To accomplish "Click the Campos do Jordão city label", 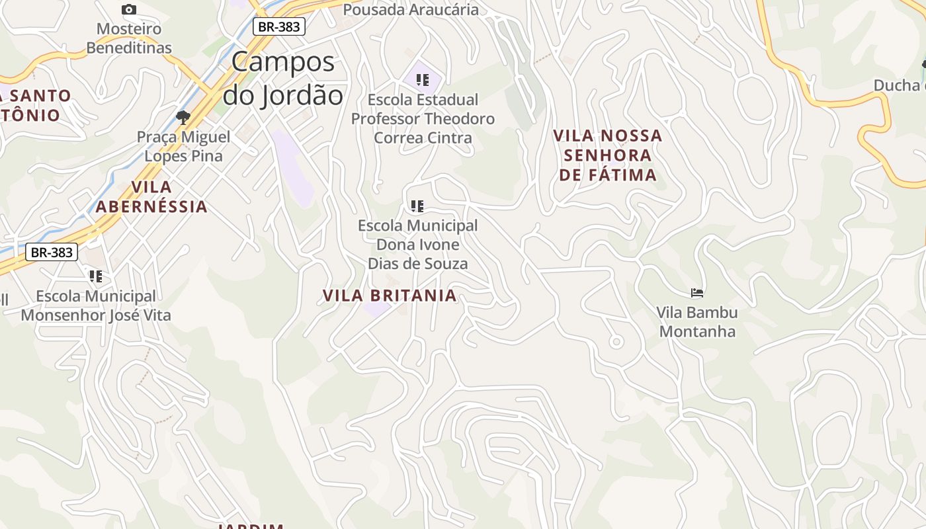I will [282, 79].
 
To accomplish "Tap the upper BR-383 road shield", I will [278, 26].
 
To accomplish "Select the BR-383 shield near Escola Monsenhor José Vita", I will [52, 252].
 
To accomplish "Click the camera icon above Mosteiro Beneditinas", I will [129, 9].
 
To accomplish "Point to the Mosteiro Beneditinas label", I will [129, 38].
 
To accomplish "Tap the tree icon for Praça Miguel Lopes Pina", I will [183, 118].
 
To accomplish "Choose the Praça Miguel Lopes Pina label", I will [183, 147].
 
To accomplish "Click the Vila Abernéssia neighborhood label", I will [151, 196].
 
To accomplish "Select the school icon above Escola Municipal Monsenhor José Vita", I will [96, 276].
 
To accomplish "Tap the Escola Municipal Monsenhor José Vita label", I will [96, 305].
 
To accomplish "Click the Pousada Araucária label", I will [411, 9].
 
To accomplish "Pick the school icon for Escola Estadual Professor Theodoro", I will [423, 80].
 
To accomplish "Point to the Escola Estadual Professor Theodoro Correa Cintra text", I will [423, 119].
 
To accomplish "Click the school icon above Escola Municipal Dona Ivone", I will [417, 206].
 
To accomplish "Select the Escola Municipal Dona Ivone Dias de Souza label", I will [417, 245].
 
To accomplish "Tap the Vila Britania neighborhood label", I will [390, 296].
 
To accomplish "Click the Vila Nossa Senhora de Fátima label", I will [607, 155].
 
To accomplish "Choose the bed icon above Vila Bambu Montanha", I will [696, 292].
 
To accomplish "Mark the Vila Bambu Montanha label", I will [697, 321].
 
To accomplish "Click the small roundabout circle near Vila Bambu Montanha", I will [616, 342].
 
